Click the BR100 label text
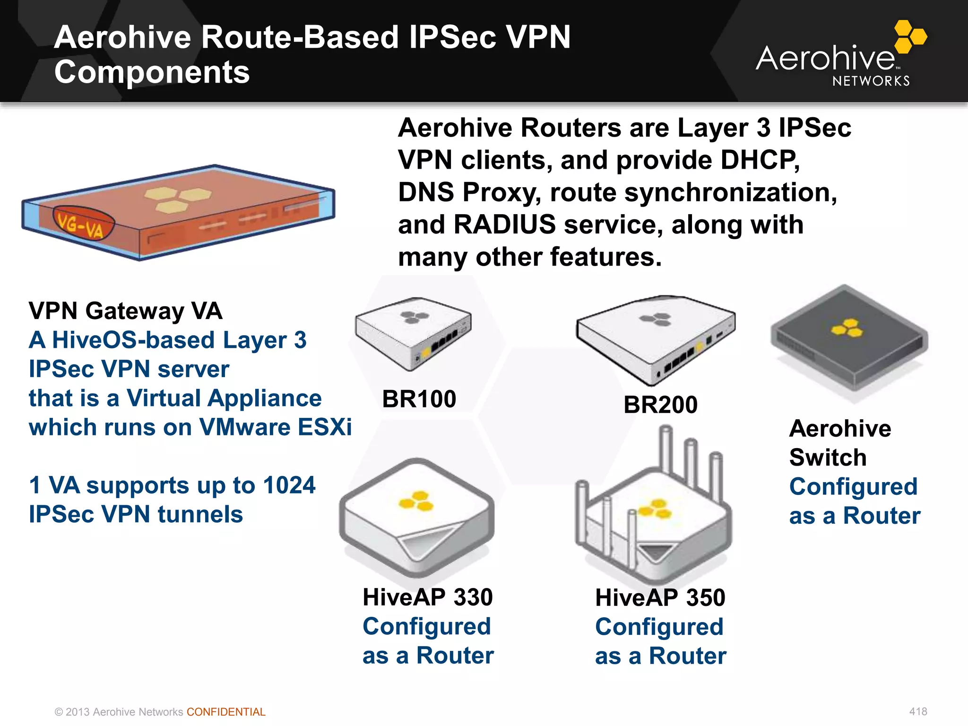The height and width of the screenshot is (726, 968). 419,399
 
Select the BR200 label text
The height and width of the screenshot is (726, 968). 660,405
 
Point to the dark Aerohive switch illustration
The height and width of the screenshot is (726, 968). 849,340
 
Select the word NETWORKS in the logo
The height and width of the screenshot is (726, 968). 871,81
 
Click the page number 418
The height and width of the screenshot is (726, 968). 918,711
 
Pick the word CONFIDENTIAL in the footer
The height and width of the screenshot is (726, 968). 226,712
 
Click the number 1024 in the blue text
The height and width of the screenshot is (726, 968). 289,485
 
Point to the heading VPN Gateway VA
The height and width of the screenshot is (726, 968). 125,311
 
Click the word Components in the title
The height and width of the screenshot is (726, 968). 152,72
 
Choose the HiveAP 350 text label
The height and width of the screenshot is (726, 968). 660,597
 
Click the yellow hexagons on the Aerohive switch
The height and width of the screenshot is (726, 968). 847,328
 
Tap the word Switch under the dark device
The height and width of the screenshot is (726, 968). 828,458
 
